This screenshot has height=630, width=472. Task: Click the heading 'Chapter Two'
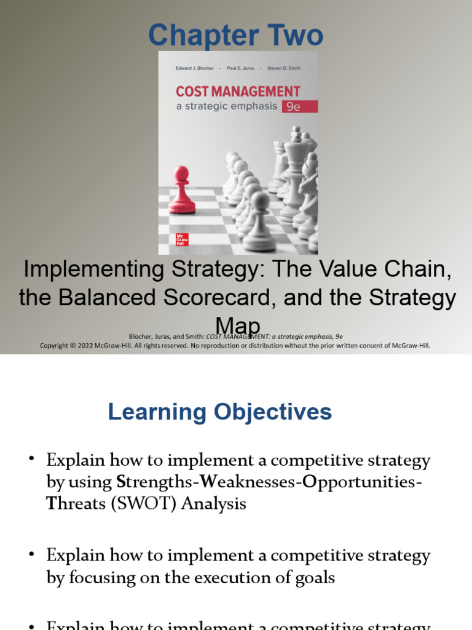235,36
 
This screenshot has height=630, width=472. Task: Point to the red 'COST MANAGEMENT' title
238,92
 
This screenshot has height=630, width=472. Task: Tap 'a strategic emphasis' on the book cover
226,106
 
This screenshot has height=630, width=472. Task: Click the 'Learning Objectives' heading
219,412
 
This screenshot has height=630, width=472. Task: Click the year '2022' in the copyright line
99,345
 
